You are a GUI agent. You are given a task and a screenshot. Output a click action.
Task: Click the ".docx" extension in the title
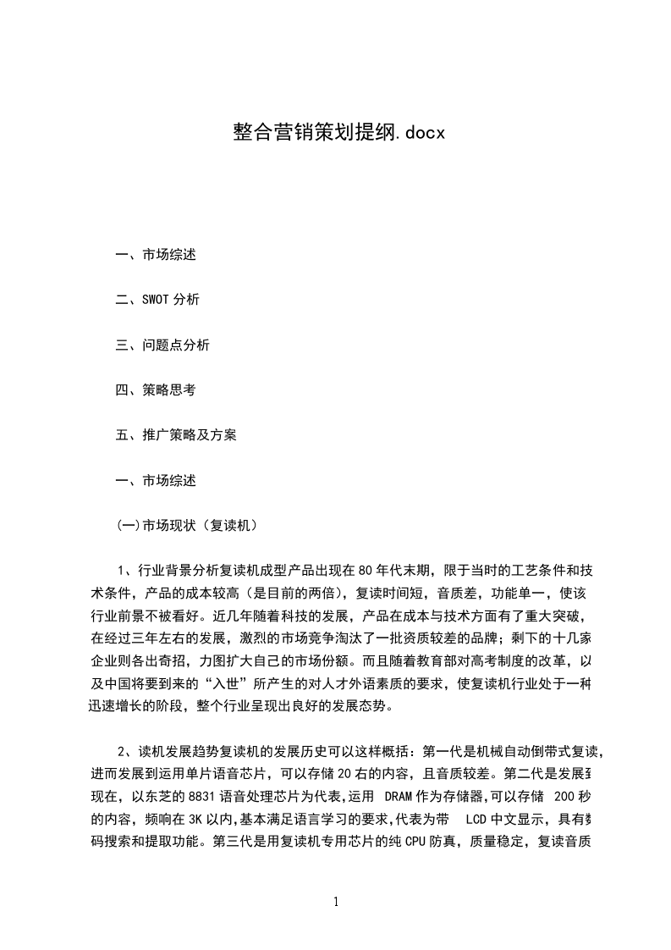tap(421, 133)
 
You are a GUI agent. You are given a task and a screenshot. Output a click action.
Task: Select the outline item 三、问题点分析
tap(162, 345)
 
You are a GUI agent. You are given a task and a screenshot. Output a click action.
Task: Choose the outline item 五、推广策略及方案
tap(176, 435)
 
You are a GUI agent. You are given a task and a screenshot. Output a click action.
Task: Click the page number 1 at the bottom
tap(336, 903)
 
